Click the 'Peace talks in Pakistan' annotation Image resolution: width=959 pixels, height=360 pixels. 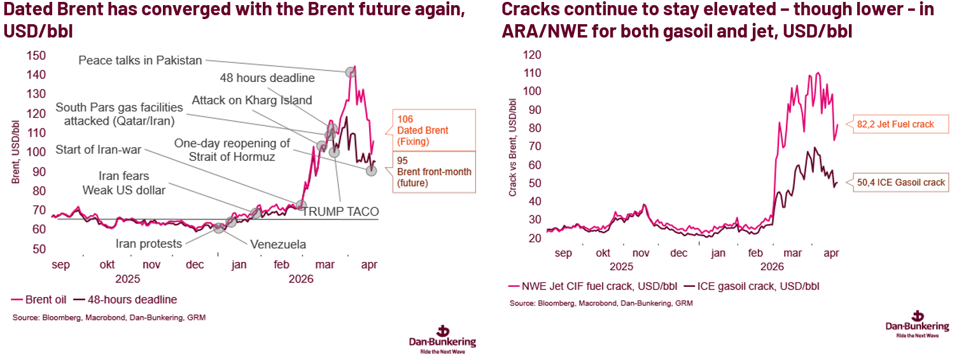click(x=140, y=60)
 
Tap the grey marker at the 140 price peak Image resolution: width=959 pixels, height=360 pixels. click(x=350, y=73)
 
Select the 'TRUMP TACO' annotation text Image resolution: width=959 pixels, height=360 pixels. click(x=340, y=212)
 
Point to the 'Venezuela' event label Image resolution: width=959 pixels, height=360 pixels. click(x=278, y=244)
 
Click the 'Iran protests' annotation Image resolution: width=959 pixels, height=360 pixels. click(x=148, y=244)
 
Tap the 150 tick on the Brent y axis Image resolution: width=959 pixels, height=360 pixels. click(x=36, y=55)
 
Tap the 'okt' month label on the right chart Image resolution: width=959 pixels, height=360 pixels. click(x=603, y=253)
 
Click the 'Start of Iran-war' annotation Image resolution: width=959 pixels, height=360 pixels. click(x=98, y=150)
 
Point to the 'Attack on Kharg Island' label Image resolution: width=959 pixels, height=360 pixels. click(x=251, y=100)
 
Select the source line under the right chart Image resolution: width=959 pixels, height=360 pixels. click(x=601, y=303)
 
